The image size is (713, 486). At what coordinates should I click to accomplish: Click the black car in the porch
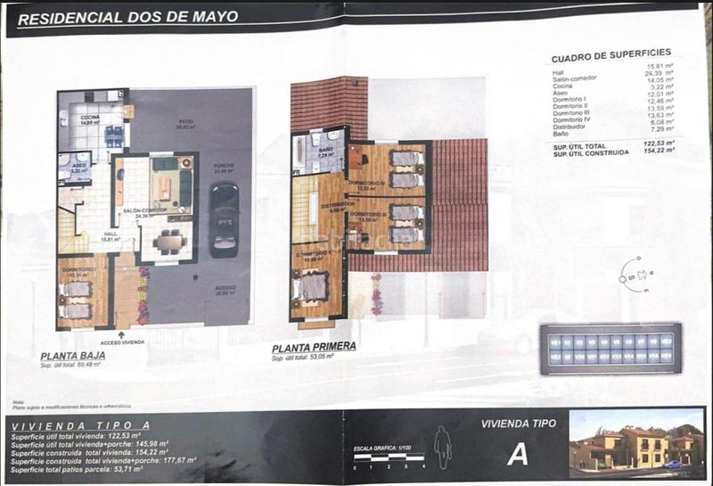point(223,218)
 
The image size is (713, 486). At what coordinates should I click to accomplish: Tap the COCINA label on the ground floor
point(90,118)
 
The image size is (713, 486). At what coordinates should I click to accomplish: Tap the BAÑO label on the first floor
point(326,150)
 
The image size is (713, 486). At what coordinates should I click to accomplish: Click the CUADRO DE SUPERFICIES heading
point(611,53)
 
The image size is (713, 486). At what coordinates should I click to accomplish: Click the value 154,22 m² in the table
point(656,152)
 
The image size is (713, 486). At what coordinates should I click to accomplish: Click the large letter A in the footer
point(517,454)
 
